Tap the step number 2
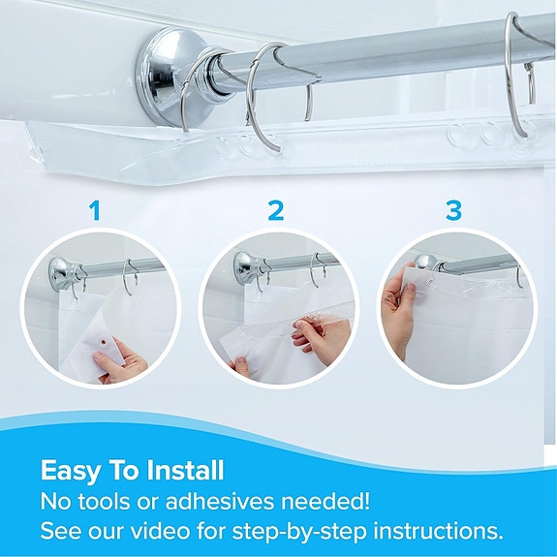click(276, 209)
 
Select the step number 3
click(454, 209)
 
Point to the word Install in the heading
click(184, 472)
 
